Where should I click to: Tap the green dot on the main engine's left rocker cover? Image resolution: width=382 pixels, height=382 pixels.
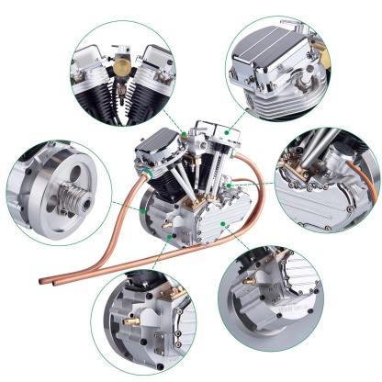(184, 135)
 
